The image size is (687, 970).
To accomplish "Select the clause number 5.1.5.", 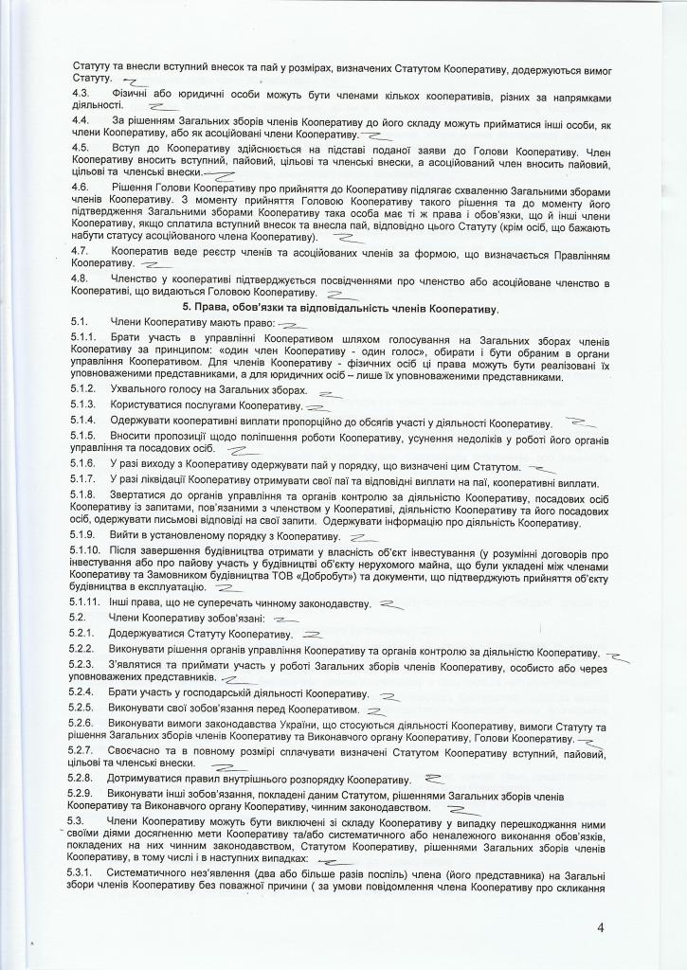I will click(x=83, y=435).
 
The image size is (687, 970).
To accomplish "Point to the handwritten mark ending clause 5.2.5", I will click(x=377, y=709).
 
